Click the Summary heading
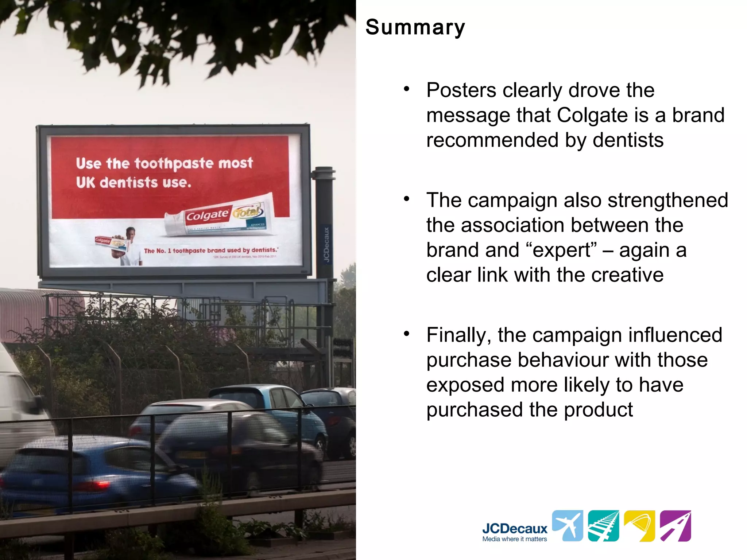[x=415, y=27]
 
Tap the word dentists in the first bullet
[x=628, y=140]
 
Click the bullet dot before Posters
[x=407, y=89]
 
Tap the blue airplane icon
[x=568, y=525]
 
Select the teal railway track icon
[x=603, y=525]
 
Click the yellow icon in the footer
[x=639, y=525]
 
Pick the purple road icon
[x=675, y=525]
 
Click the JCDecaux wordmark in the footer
[x=514, y=528]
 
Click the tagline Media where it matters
[x=514, y=539]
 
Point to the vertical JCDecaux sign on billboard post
[x=326, y=244]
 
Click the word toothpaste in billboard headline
[x=174, y=163]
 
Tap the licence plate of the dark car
[x=191, y=455]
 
